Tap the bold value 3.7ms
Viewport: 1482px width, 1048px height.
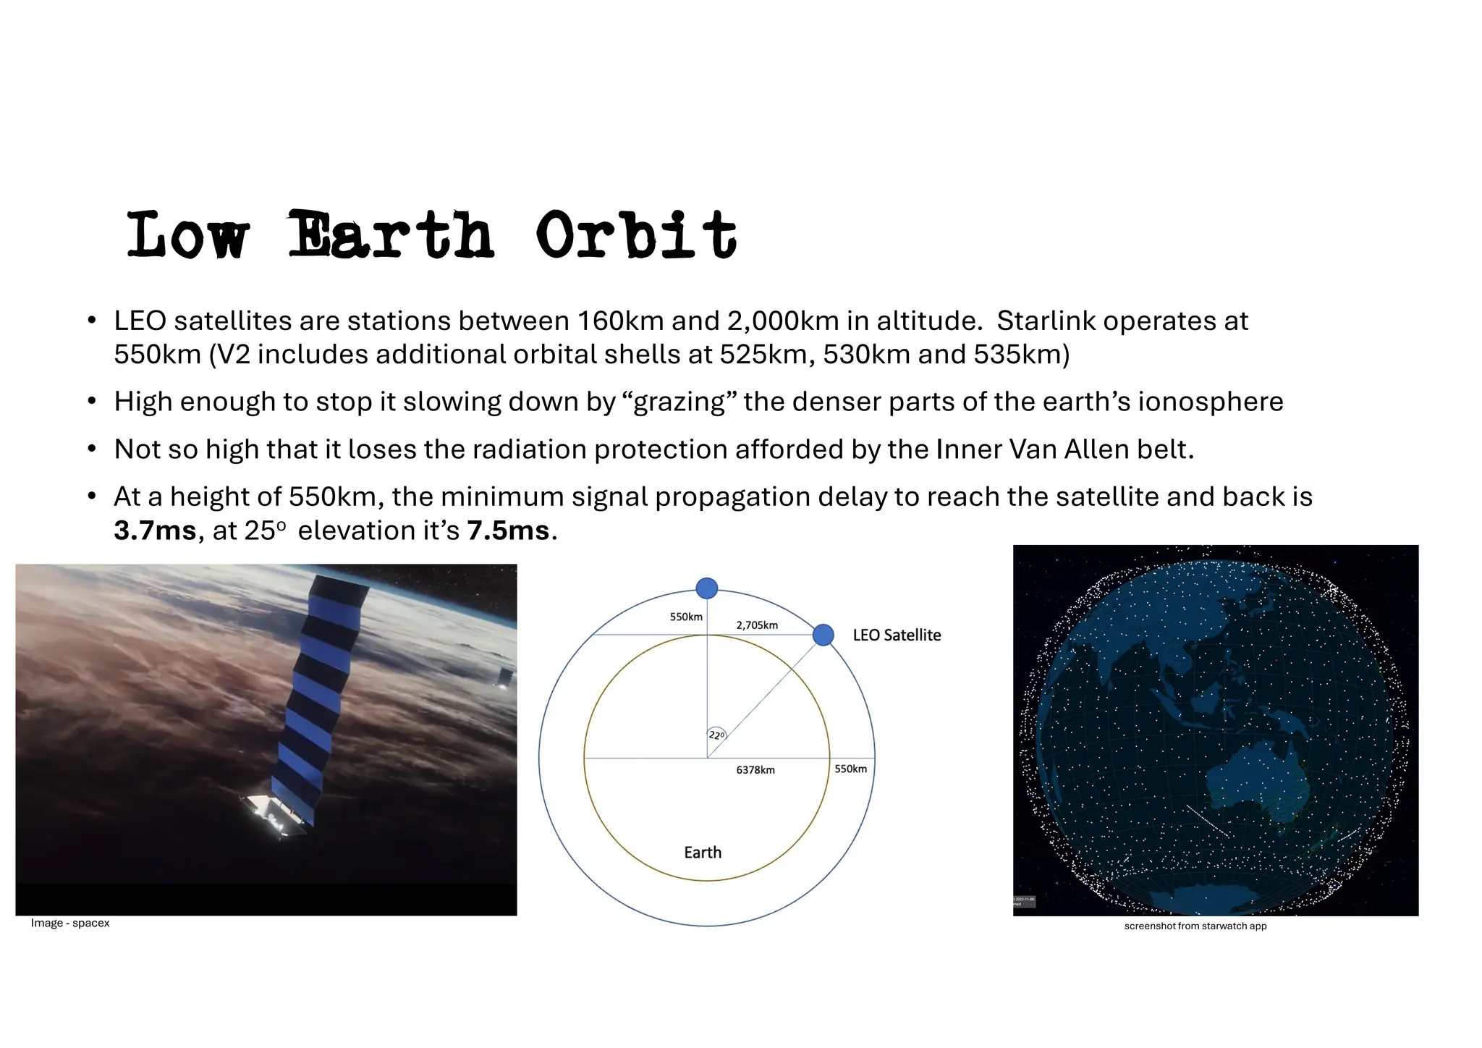tap(155, 531)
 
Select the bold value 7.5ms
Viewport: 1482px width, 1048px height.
tap(508, 531)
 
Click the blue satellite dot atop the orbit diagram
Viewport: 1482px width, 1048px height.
tap(706, 588)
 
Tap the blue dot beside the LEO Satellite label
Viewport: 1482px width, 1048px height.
tap(823, 635)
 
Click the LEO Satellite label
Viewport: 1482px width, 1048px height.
tap(897, 635)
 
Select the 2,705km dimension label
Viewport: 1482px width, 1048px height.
tap(757, 625)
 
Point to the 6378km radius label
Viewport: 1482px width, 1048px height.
tap(755, 770)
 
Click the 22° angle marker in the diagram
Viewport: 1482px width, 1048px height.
tap(716, 735)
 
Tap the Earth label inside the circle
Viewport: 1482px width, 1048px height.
tap(703, 853)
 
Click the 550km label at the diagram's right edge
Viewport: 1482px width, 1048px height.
tap(850, 769)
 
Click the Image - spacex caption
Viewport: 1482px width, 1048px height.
tap(70, 923)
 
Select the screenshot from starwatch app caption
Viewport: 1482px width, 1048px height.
tap(1195, 926)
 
